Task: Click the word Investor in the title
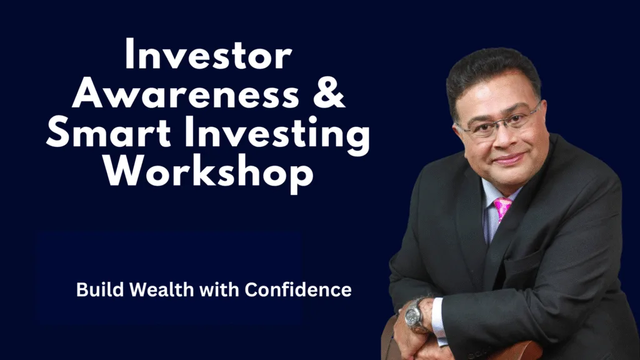click(x=208, y=55)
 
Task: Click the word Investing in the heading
click(x=277, y=135)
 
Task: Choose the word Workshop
click(x=208, y=172)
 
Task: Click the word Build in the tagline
click(x=100, y=289)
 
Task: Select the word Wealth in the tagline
click(x=162, y=289)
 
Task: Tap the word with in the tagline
click(x=219, y=289)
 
